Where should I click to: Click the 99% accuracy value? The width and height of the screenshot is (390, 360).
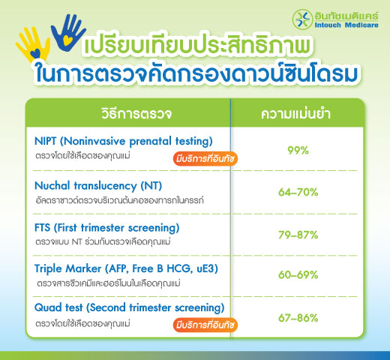click(x=298, y=150)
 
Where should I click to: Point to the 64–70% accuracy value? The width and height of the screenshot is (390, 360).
click(x=298, y=193)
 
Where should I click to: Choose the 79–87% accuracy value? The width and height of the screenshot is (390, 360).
click(x=298, y=235)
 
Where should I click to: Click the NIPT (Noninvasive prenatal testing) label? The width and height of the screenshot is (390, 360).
click(x=124, y=142)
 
